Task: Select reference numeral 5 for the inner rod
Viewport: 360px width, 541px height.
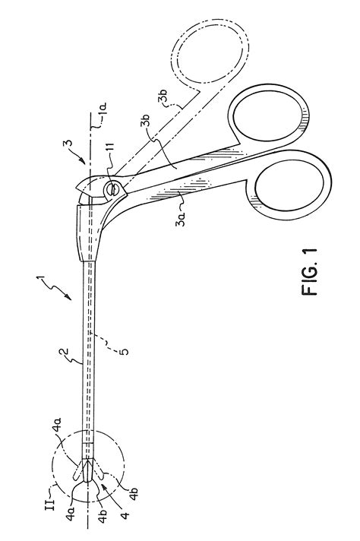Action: [x=125, y=351]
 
